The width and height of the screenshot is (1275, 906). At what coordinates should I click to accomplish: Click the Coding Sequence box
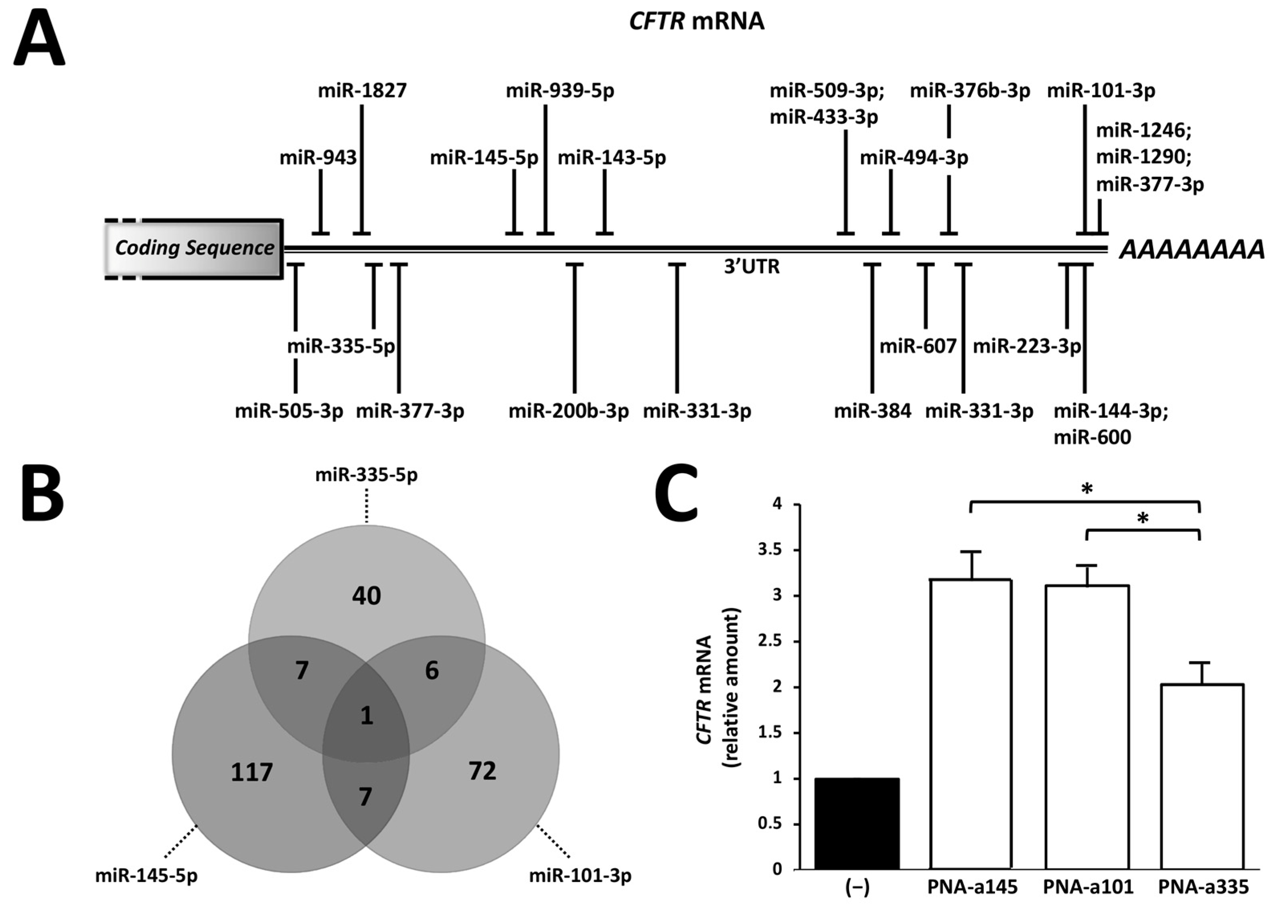click(194, 248)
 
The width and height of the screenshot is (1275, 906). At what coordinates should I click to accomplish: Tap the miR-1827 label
click(362, 90)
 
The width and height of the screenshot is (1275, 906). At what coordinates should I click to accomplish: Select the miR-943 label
click(318, 158)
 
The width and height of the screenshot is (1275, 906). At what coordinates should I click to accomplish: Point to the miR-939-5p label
click(559, 90)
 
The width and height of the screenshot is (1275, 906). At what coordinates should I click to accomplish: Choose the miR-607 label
click(918, 347)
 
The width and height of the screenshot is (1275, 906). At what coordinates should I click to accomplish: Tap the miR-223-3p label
click(1027, 347)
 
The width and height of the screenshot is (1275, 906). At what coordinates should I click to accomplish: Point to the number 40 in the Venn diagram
click(367, 596)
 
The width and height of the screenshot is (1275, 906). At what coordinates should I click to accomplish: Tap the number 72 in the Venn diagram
click(482, 771)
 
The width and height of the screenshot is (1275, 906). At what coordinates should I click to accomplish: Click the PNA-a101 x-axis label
click(1087, 887)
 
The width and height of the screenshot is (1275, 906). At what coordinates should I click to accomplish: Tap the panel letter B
click(43, 494)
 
